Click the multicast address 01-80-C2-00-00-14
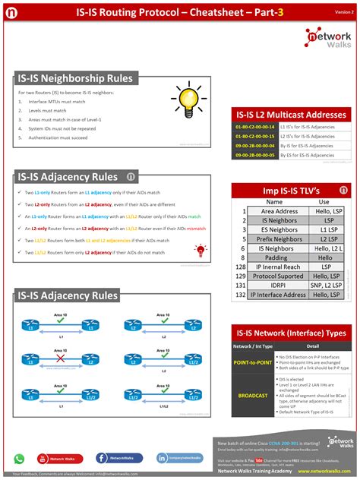click(255, 126)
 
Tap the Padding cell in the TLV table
click(275, 257)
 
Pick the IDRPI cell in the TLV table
click(275, 286)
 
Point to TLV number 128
click(241, 267)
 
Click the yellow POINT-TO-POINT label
click(254, 363)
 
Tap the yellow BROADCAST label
click(254, 396)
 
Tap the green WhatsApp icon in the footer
click(20, 459)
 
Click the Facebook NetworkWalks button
click(119, 459)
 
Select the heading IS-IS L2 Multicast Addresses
click(291, 115)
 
